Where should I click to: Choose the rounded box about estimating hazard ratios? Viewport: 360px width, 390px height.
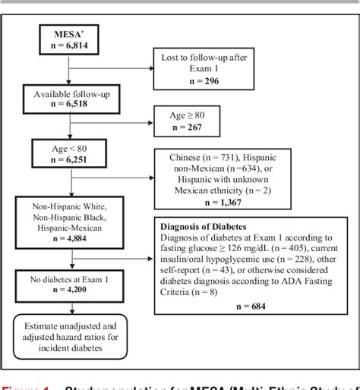[70, 335]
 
